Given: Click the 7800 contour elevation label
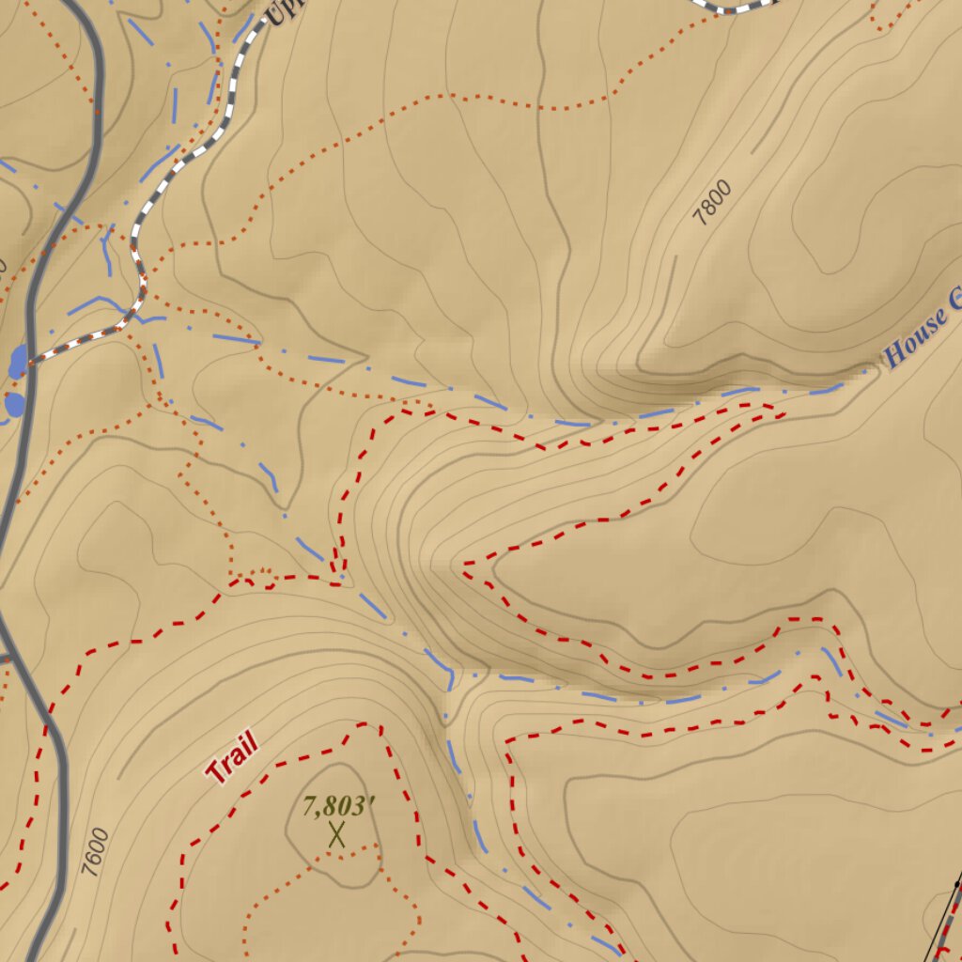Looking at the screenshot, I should click(x=712, y=203).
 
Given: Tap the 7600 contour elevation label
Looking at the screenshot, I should click(x=95, y=852).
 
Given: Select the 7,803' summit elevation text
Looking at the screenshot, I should click(x=339, y=805).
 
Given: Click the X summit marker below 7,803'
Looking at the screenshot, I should click(x=337, y=834).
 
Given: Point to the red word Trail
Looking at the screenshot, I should click(x=231, y=760).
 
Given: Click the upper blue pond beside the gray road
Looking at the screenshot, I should click(x=19, y=361).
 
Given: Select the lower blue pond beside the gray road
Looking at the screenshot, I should click(x=14, y=405).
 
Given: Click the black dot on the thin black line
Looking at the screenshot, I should click(x=956, y=884).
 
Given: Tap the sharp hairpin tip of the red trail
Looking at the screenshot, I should click(x=464, y=566).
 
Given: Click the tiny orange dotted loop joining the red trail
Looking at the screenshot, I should click(x=261, y=578).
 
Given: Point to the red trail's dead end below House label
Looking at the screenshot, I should click(x=782, y=411).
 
